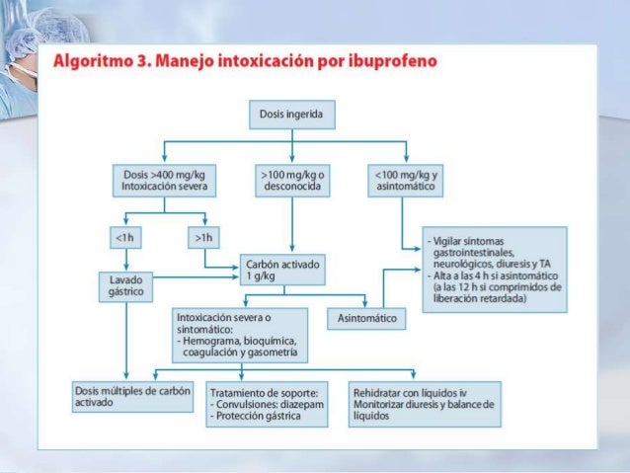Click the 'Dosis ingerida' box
pyautogui.click(x=290, y=115)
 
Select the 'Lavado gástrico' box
pyautogui.click(x=125, y=287)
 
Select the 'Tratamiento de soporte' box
pyautogui.click(x=267, y=405)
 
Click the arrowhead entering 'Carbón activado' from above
pyautogui.click(x=290, y=252)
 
